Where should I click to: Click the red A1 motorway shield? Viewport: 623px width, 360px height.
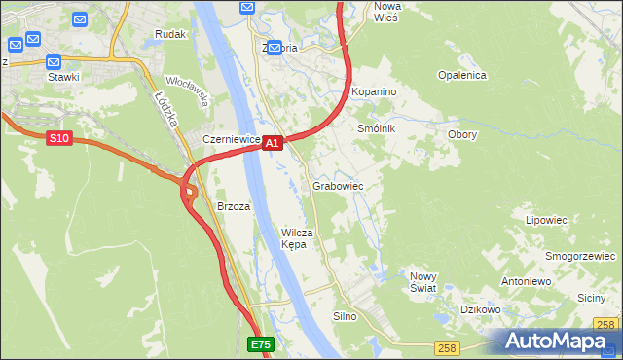(273, 143)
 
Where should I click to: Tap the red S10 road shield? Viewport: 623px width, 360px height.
(59, 139)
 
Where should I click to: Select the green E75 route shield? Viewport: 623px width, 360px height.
(260, 344)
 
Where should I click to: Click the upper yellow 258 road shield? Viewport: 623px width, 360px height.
(605, 325)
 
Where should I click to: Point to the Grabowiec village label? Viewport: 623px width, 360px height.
(338, 185)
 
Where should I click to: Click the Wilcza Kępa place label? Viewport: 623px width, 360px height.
(296, 238)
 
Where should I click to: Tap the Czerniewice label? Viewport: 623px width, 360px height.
(231, 139)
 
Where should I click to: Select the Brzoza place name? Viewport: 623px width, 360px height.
(234, 206)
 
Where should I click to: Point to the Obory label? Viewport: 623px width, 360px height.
(461, 134)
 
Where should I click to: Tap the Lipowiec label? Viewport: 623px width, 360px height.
(546, 220)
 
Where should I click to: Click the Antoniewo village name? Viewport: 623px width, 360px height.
(526, 281)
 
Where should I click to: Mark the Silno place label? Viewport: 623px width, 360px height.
(346, 316)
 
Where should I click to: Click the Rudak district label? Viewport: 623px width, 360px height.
(170, 34)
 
